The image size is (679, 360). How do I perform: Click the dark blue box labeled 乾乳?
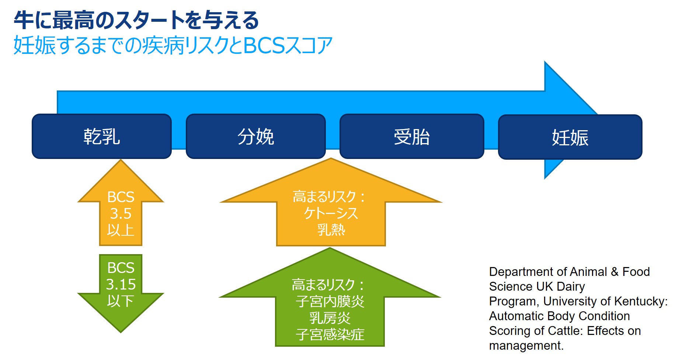(102, 136)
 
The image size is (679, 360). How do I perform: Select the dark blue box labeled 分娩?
(256, 136)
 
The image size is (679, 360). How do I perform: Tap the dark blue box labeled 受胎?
(411, 136)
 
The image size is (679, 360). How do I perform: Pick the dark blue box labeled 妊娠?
(570, 137)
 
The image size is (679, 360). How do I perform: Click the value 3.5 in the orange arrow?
(121, 214)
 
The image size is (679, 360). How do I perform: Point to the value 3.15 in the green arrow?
(121, 284)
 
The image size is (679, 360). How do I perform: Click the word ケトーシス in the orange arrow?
(331, 213)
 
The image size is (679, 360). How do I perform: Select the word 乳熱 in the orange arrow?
(331, 230)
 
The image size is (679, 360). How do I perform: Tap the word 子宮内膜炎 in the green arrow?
(330, 301)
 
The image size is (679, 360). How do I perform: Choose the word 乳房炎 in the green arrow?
(330, 318)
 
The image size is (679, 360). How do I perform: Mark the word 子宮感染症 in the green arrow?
(330, 335)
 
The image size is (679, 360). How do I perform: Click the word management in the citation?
(525, 346)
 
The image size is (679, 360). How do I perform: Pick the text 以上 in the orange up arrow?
(121, 230)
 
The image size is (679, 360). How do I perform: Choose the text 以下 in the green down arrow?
(121, 301)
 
